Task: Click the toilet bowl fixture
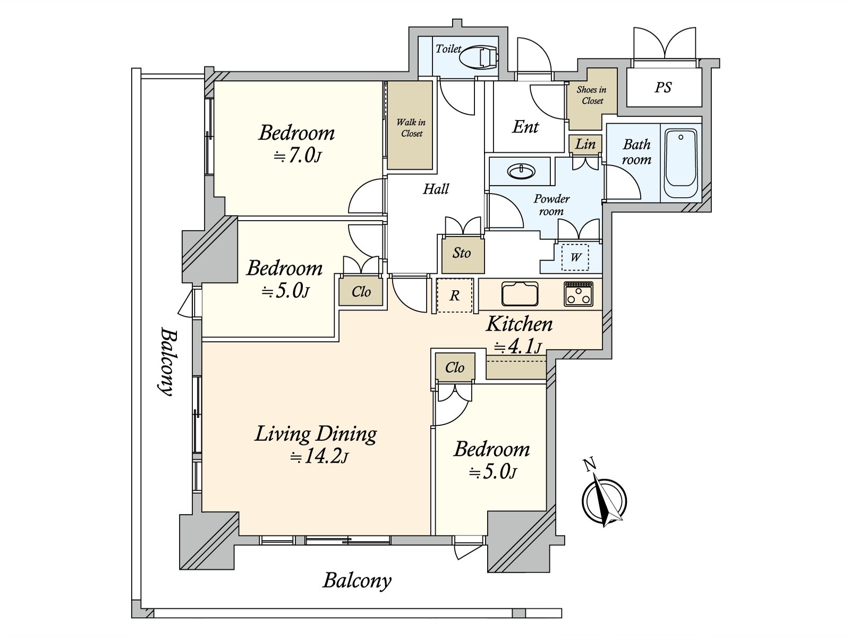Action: point(479,58)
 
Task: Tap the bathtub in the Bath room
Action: point(681,163)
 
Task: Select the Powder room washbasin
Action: point(521,171)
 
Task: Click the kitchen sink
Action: point(520,293)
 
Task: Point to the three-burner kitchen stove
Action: point(579,294)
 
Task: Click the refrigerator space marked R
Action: point(455,295)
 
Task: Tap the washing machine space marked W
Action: point(575,257)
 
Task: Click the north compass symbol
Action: point(603,497)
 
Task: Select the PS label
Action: point(663,88)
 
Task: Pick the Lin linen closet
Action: point(585,144)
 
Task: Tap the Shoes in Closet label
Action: point(592,95)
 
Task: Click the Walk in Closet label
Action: point(411,128)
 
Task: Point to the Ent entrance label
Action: point(525,127)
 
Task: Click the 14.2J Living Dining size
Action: point(319,457)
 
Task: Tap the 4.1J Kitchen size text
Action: point(518,346)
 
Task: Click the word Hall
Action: point(436,189)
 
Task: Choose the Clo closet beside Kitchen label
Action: point(455,367)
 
